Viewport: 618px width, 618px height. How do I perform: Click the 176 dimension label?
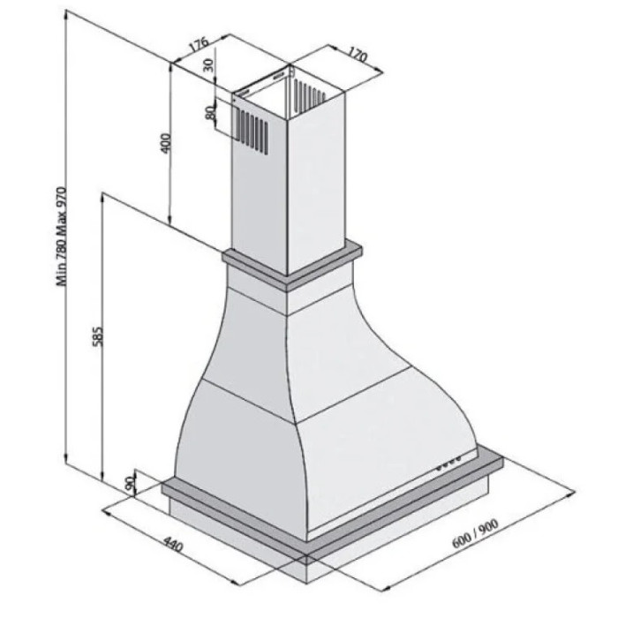click(198, 44)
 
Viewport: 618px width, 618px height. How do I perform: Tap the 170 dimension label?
click(357, 55)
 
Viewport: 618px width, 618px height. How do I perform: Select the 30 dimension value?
click(208, 64)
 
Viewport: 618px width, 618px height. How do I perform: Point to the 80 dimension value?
click(210, 112)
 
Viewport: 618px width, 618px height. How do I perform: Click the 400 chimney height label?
click(166, 143)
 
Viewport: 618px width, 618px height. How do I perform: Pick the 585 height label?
click(97, 335)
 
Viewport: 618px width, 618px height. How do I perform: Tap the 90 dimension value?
click(129, 484)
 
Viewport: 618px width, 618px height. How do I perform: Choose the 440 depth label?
click(173, 545)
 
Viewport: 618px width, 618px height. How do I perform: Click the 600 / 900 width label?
click(475, 533)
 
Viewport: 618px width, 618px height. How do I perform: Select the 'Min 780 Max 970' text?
click(62, 237)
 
